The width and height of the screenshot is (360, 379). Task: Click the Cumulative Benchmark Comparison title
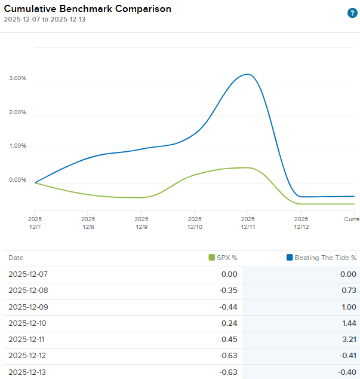(x=88, y=9)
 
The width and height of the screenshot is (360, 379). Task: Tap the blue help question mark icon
(x=352, y=13)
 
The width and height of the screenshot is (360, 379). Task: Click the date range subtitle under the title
(x=45, y=19)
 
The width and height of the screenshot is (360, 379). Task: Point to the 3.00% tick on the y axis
(x=17, y=78)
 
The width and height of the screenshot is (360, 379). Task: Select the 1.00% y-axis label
(x=17, y=146)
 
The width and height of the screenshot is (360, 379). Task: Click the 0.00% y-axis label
(x=17, y=180)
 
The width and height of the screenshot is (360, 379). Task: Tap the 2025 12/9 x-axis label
(x=141, y=223)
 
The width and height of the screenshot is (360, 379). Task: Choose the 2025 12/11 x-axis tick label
(x=248, y=223)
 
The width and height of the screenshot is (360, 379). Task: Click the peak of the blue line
(x=248, y=74)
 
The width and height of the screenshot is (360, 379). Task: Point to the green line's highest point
(x=247, y=167)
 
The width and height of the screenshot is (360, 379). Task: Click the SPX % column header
(x=223, y=258)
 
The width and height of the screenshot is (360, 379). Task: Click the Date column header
(x=16, y=258)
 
